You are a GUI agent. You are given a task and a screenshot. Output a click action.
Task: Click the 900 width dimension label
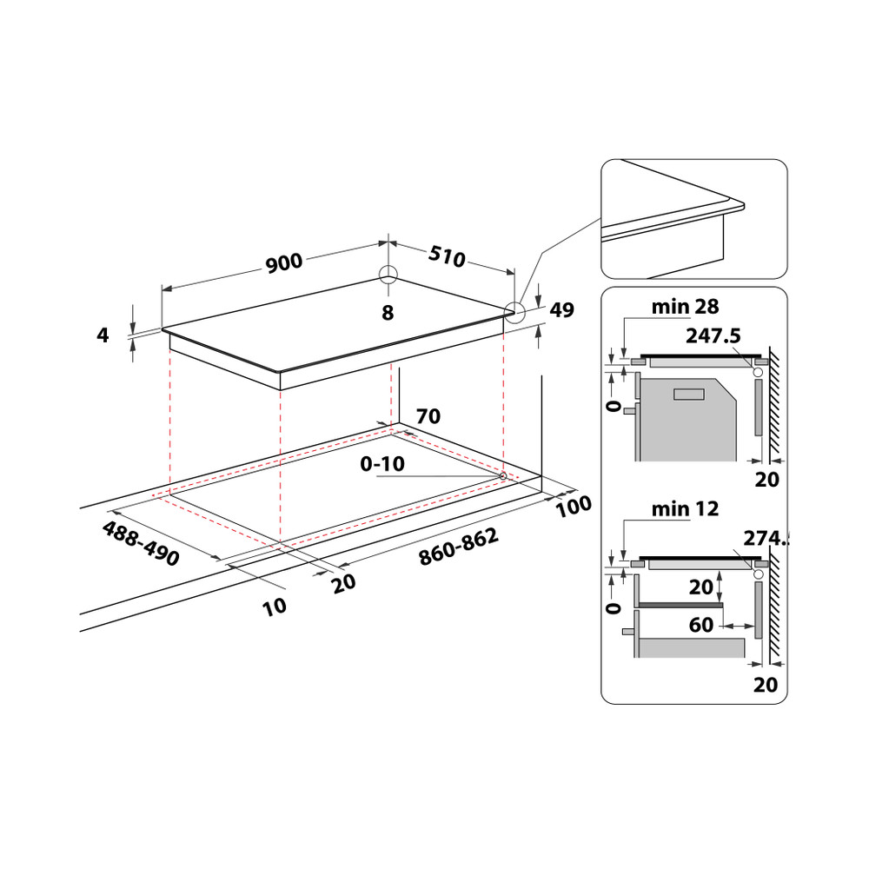coord(283,262)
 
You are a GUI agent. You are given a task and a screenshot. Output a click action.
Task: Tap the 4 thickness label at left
coord(103,334)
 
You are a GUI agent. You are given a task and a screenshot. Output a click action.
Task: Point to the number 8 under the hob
coord(388,312)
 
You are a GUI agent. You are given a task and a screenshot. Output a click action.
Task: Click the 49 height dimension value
coord(562,311)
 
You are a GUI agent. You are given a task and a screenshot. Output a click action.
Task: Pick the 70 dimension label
coord(428,416)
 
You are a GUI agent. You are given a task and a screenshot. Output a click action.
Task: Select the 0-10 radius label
coord(382,464)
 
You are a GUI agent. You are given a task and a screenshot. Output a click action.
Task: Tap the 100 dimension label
coord(574,505)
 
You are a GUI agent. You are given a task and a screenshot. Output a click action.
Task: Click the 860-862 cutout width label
coord(458,548)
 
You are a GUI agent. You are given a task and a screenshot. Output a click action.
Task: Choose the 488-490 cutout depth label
coord(141,544)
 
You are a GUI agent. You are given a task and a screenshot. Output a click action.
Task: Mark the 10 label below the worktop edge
coord(275,607)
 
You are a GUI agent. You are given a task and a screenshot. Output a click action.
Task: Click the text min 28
coord(686,306)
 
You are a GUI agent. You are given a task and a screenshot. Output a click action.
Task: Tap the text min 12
coord(686,509)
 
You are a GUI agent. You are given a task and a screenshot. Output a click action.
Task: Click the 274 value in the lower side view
coord(764,538)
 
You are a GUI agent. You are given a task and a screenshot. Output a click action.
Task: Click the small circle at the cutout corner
coord(503,475)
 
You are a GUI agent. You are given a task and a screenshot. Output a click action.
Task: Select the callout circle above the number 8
coord(388,275)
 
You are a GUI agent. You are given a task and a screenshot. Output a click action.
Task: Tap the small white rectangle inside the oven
coord(689,395)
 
